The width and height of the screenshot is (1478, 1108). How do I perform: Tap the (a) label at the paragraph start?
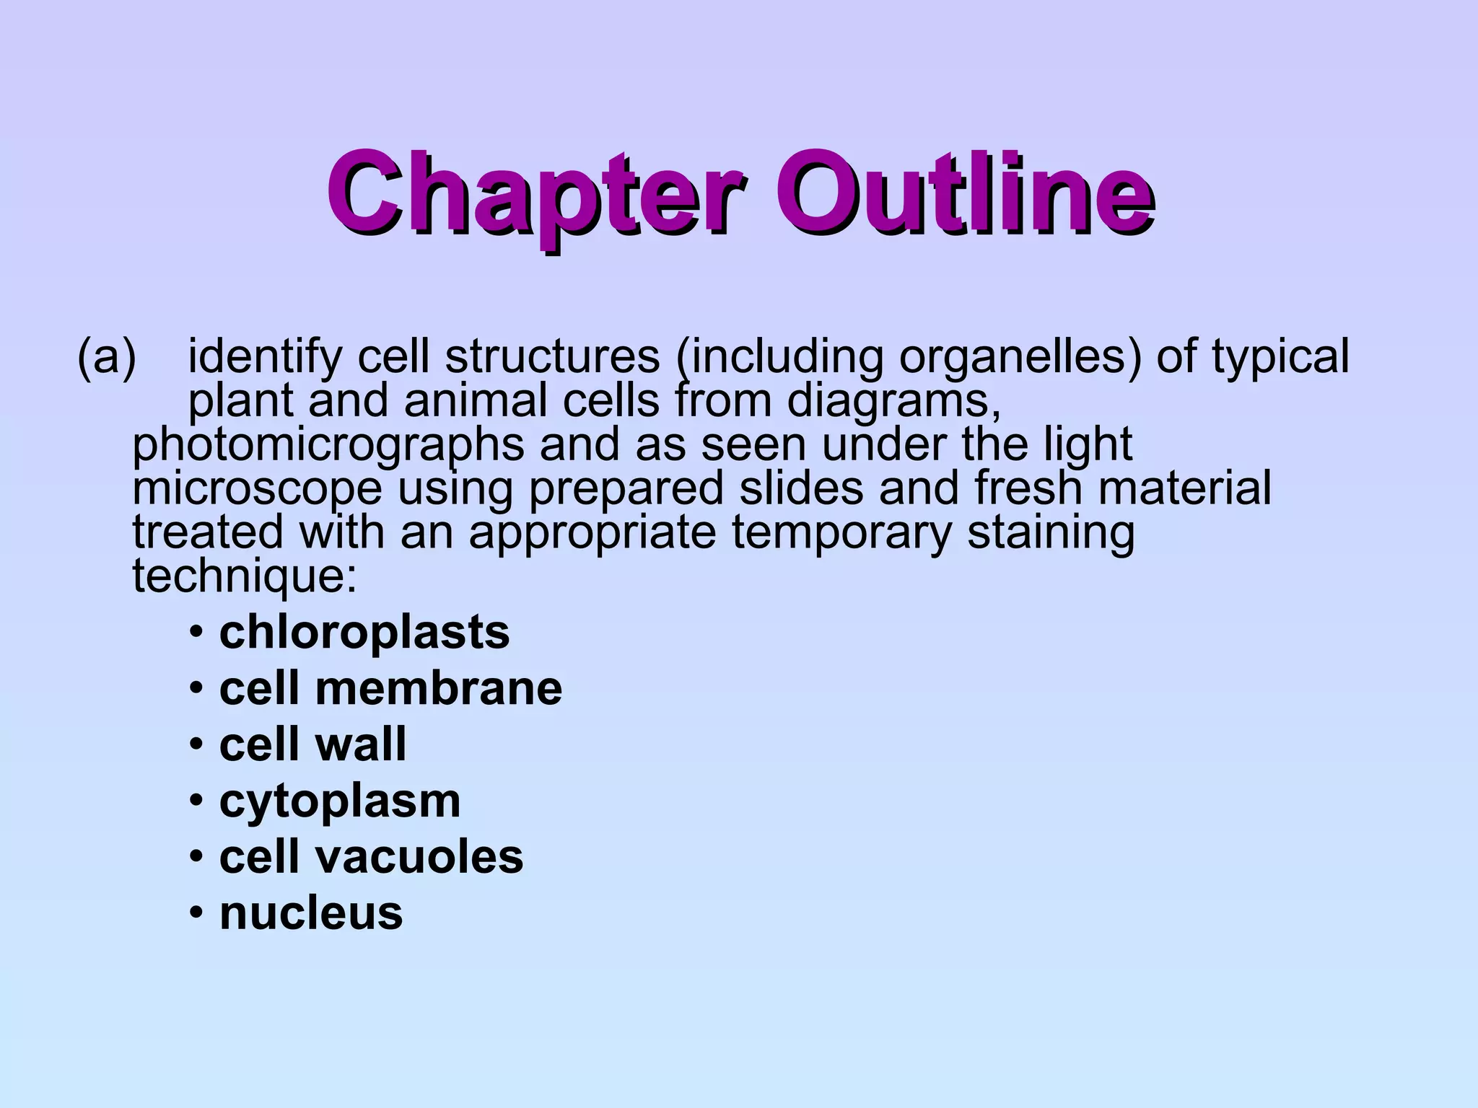click(107, 356)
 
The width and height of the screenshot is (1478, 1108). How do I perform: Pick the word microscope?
click(257, 489)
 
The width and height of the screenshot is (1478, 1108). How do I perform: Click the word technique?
click(245, 576)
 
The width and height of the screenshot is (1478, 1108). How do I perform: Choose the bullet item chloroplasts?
click(364, 633)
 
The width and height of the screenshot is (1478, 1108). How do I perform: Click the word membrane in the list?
click(439, 688)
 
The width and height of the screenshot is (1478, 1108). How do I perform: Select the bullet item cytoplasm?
click(340, 801)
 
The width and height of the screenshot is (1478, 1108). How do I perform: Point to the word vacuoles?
click(420, 857)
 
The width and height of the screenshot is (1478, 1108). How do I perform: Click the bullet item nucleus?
click(311, 913)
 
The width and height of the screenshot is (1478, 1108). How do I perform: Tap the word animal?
click(476, 400)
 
